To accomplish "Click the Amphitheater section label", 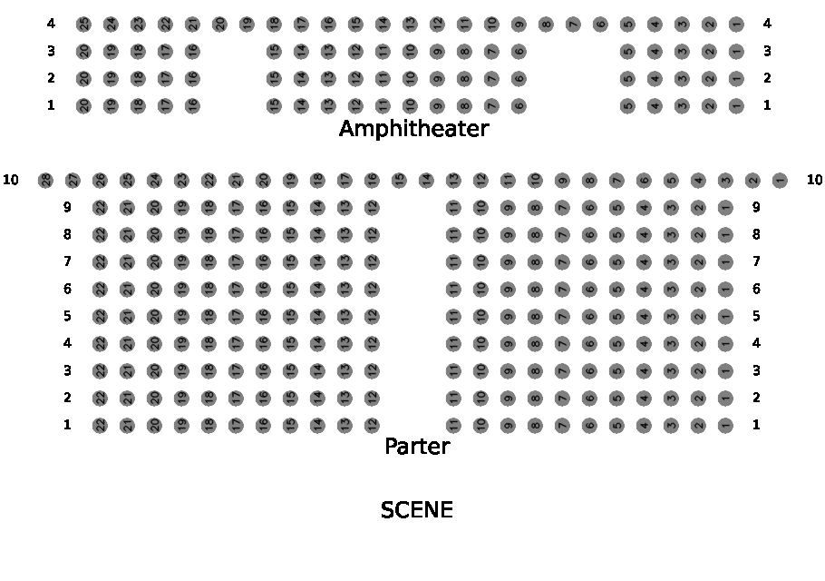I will pyautogui.click(x=413, y=129).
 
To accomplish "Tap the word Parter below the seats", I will pyautogui.click(x=417, y=447).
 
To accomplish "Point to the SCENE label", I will pyautogui.click(x=416, y=510).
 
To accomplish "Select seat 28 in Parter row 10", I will pyautogui.click(x=45, y=180).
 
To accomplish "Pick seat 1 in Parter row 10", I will pyautogui.click(x=780, y=180).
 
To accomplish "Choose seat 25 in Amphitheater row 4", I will pyautogui.click(x=83, y=24).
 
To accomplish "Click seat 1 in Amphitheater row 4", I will pyautogui.click(x=736, y=24).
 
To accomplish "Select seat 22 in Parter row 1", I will pyautogui.click(x=100, y=425).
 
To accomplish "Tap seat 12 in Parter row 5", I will pyautogui.click(x=372, y=316).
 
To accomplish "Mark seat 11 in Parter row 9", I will pyautogui.click(x=453, y=207).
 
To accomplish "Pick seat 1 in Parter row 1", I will pyautogui.click(x=725, y=425).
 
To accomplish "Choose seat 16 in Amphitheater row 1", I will pyautogui.click(x=192, y=105).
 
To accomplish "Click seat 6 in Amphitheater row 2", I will pyautogui.click(x=519, y=78).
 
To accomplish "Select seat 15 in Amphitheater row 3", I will pyautogui.click(x=274, y=51).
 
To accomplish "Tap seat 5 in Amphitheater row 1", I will pyautogui.click(x=627, y=105).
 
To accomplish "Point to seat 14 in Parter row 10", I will pyautogui.click(x=426, y=180).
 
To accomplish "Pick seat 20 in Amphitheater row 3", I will pyautogui.click(x=83, y=51).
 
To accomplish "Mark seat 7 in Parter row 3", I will pyautogui.click(x=562, y=370).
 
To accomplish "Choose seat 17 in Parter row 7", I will pyautogui.click(x=236, y=261).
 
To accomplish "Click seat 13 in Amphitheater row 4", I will pyautogui.click(x=410, y=24).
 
